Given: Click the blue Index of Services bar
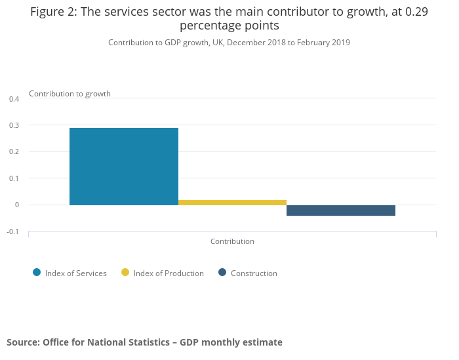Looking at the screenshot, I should click(x=124, y=166).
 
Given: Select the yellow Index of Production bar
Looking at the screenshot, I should click(x=232, y=203).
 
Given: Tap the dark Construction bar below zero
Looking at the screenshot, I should click(x=341, y=210).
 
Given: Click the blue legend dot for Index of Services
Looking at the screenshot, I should click(x=37, y=273).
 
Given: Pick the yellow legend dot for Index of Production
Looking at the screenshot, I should click(x=125, y=273).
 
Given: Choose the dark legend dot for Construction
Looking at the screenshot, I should click(x=222, y=273).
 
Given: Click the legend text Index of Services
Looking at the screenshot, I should click(x=75, y=273).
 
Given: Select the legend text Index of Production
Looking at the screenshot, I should click(x=169, y=273).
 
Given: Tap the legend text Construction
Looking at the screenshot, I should click(x=254, y=273).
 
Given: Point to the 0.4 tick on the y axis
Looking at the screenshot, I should click(x=14, y=99).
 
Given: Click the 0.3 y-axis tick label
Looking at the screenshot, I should click(x=14, y=125).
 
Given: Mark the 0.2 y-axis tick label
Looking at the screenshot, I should click(x=14, y=152).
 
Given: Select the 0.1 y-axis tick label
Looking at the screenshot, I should click(x=14, y=178).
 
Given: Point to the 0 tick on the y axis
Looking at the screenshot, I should click(x=17, y=205).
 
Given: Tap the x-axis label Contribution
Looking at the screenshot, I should click(x=232, y=241).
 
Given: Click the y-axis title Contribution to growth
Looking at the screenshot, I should click(x=70, y=94).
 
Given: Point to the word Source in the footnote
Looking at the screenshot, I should click(x=22, y=342).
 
